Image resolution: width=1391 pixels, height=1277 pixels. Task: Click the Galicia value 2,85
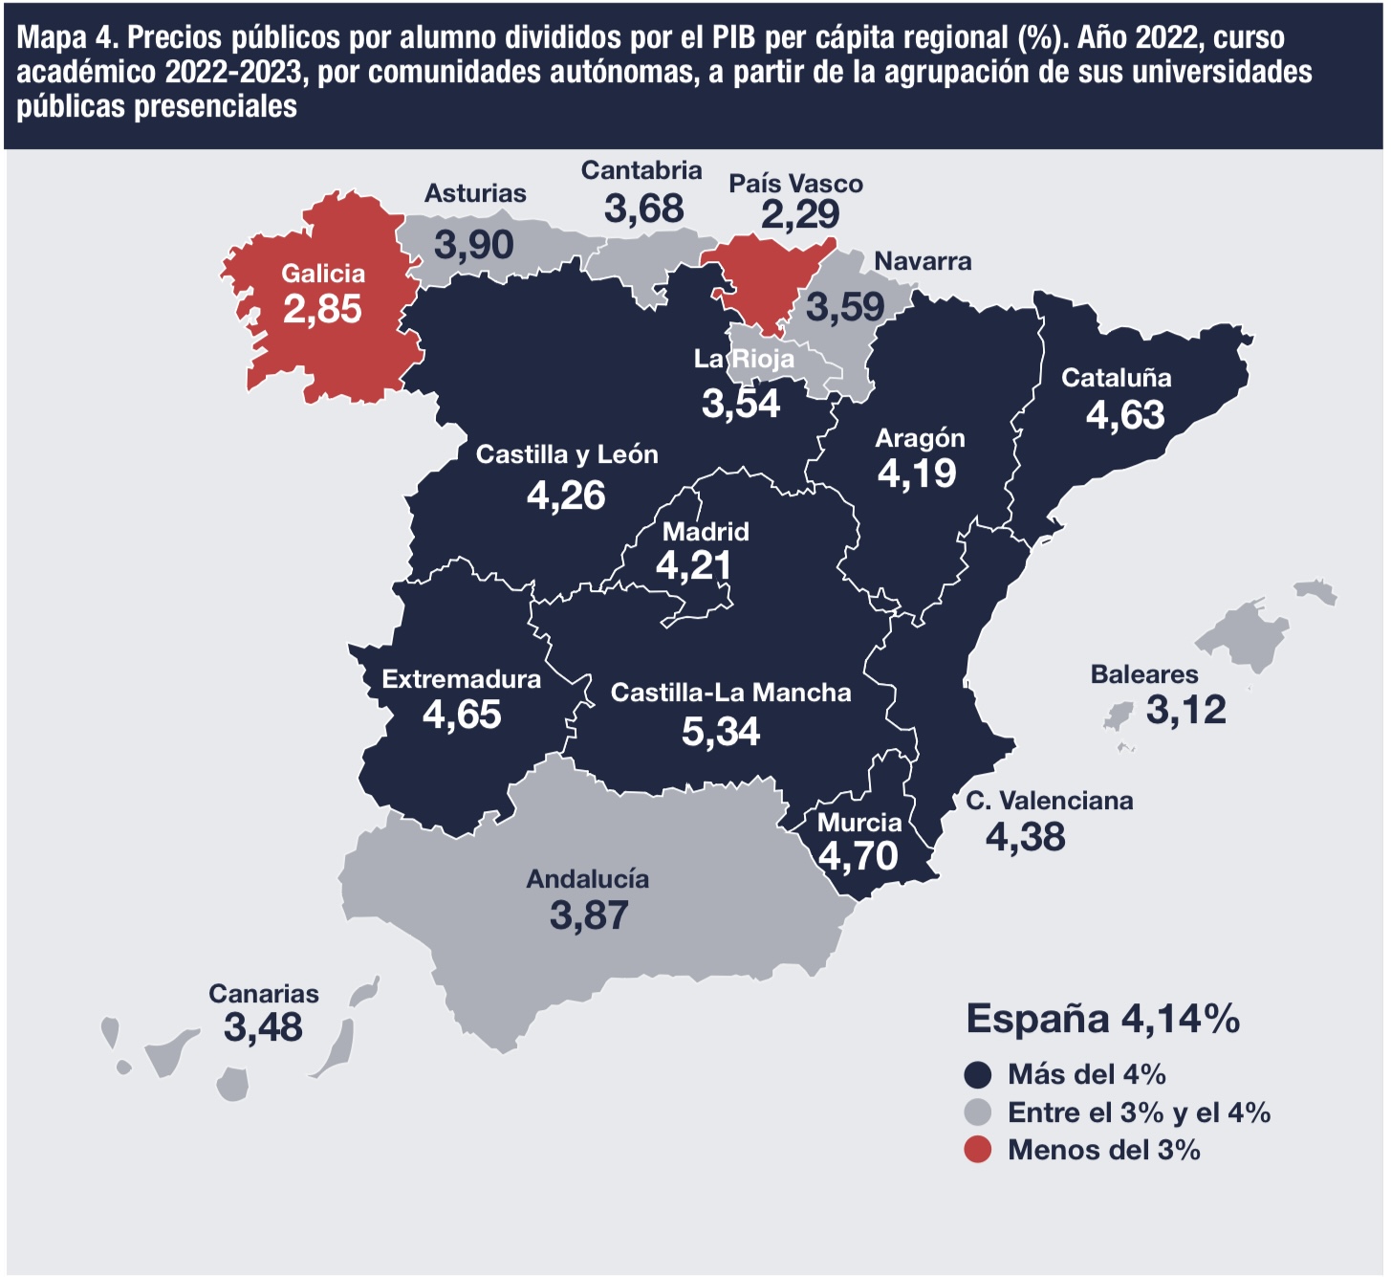tap(322, 309)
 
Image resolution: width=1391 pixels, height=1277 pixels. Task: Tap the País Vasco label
tap(796, 184)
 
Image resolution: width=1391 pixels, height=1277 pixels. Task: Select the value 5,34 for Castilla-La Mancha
tap(721, 732)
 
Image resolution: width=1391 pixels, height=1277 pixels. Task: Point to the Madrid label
tap(706, 532)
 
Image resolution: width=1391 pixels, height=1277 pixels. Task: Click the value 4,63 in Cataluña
tap(1124, 415)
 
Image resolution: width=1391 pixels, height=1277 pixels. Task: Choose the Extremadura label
tap(461, 679)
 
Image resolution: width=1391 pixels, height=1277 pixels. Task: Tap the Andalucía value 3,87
tap(589, 915)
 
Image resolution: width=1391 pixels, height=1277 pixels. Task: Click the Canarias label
tap(264, 994)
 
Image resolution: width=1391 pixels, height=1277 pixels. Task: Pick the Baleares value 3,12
tap(1186, 710)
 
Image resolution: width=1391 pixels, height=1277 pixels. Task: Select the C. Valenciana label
tap(1050, 801)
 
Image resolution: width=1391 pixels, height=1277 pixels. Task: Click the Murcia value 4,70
tap(859, 856)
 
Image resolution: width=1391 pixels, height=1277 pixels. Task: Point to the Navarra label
tap(923, 262)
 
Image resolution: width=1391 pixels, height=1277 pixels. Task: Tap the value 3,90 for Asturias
tap(474, 245)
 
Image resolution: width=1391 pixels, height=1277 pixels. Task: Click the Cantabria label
tap(641, 170)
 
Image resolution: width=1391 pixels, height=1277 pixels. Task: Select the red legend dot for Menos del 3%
tap(978, 1150)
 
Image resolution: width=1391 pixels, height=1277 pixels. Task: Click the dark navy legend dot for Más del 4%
tap(978, 1075)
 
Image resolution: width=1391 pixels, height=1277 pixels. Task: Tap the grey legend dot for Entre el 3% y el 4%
tap(978, 1112)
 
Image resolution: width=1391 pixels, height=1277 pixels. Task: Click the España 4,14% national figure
tap(1102, 1019)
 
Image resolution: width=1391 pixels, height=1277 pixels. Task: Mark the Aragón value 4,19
tap(917, 473)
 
